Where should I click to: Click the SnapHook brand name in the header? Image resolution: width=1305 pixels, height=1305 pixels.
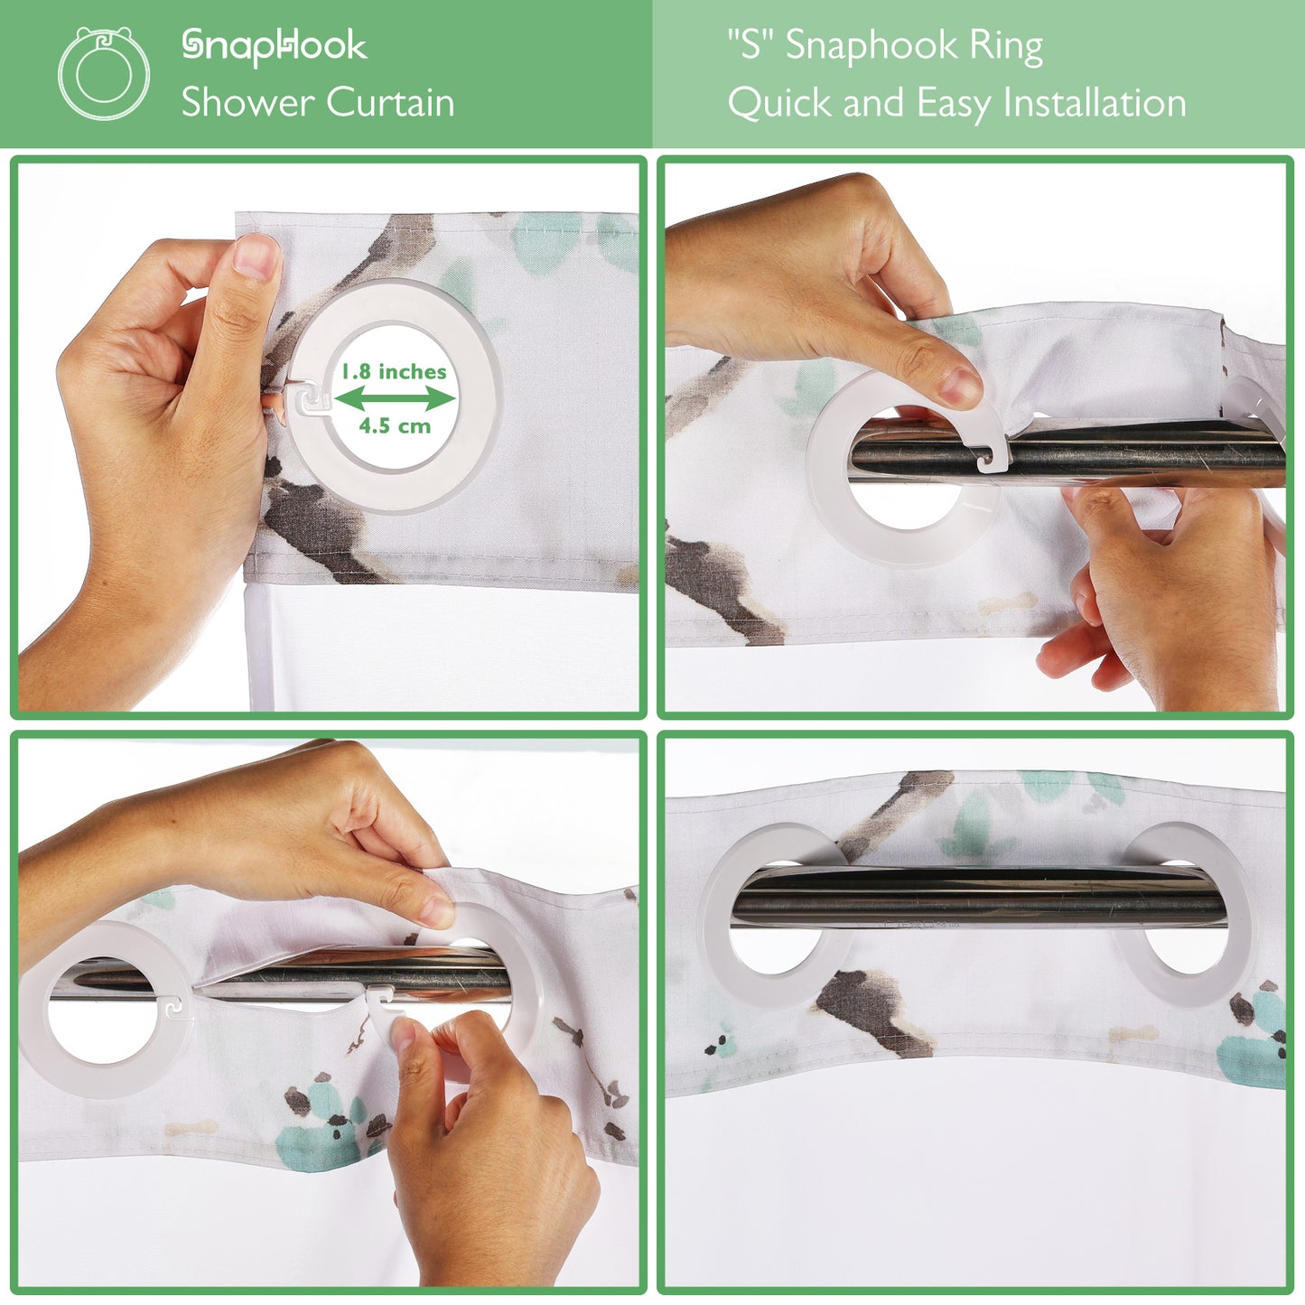coord(275,47)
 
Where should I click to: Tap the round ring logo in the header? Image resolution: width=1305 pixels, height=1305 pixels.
coord(104,73)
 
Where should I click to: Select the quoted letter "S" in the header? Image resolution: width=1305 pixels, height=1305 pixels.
coord(750,44)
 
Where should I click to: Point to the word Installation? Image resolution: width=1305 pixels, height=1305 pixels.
coord(1095,103)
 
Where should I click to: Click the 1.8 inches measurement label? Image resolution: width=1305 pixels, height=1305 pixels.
coord(394,371)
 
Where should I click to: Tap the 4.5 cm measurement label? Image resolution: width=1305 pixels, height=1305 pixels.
coord(395,426)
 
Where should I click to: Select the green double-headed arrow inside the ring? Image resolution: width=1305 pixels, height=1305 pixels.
coord(395,399)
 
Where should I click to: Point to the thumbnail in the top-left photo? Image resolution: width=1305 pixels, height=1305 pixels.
coord(255,256)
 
